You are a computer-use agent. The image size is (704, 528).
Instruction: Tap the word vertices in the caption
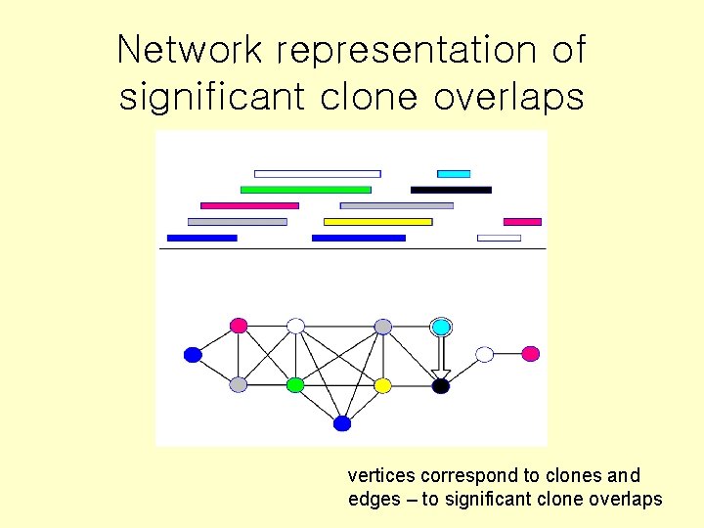tap(381, 476)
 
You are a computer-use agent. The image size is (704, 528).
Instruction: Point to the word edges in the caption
tap(372, 499)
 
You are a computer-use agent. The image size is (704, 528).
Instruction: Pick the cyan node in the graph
tap(441, 327)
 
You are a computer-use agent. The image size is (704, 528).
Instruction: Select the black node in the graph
tap(441, 386)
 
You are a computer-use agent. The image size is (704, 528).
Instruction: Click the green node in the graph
tap(295, 385)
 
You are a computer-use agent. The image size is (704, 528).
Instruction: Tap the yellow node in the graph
tap(383, 385)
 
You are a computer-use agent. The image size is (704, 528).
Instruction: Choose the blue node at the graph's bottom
tap(342, 423)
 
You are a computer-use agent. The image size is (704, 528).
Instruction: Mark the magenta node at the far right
tap(530, 354)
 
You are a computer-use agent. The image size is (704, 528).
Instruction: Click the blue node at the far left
tap(193, 355)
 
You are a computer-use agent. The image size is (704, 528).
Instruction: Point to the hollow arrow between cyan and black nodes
tap(441, 356)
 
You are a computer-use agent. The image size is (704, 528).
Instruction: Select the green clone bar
tap(306, 190)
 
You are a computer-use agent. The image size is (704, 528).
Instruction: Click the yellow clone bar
tap(377, 222)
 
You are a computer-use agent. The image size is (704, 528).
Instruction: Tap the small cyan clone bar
tap(454, 174)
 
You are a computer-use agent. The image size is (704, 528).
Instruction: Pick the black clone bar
tap(451, 190)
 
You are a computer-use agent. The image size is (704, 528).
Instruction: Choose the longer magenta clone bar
tap(249, 205)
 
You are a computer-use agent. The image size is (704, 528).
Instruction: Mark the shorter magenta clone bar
tap(522, 222)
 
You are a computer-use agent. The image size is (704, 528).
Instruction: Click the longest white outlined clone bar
tap(318, 174)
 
